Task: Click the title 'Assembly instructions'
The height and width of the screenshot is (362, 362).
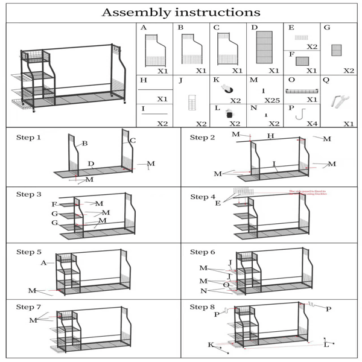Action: coord(181,12)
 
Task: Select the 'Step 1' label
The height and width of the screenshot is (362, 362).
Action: coord(28,138)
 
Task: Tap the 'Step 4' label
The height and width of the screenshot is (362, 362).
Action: coord(203,197)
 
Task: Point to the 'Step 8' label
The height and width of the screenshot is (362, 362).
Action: coord(203,307)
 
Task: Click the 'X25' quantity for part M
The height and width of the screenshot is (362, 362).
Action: coord(272,100)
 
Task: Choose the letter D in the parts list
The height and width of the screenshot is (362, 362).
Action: coord(255,28)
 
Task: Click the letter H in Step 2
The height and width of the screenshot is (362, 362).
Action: coord(271,136)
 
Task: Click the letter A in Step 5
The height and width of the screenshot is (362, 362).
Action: coord(43,263)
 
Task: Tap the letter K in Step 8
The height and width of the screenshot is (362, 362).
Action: coord(211,345)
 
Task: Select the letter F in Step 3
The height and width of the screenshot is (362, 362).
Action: coord(54,205)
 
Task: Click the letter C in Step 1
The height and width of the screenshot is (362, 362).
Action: coord(133,141)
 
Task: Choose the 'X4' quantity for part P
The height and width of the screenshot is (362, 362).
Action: coord(311,124)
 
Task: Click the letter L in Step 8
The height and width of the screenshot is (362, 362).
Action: coord(326,345)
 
